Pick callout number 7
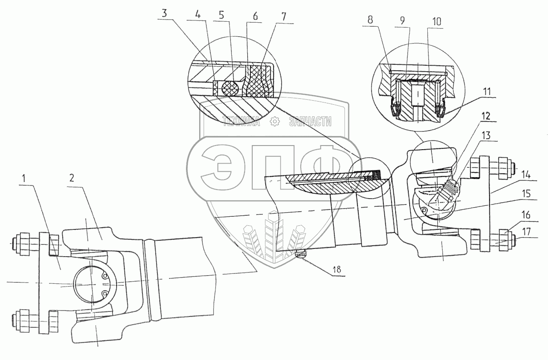(x=284, y=17)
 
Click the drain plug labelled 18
(x=299, y=255)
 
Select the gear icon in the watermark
(x=274, y=122)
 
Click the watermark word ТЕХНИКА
(x=241, y=122)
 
